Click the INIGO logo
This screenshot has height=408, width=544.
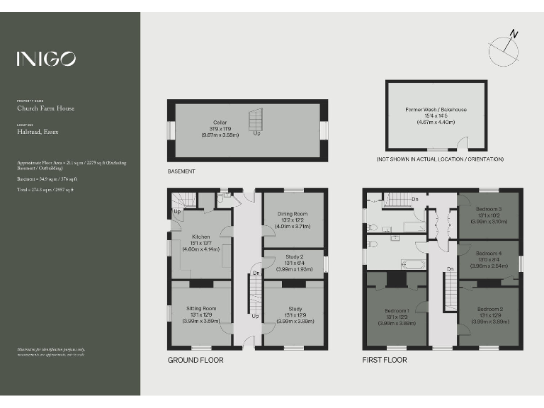click(47, 59)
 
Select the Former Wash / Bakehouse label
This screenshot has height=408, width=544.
click(436, 115)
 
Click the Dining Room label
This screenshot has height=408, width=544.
click(293, 220)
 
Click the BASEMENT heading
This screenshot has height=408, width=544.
click(181, 171)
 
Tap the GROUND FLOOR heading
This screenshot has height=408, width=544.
click(195, 360)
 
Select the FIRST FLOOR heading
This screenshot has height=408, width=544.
click(385, 360)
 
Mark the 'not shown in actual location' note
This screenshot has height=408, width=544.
click(440, 159)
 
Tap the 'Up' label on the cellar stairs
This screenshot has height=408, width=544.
click(256, 133)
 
